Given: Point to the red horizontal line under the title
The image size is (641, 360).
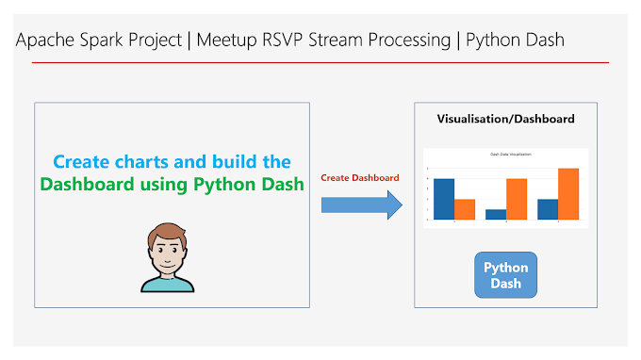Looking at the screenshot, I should click(320, 62).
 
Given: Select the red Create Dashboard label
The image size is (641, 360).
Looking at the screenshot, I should click(360, 177).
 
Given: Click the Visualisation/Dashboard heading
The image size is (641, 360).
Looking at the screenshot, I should click(506, 119).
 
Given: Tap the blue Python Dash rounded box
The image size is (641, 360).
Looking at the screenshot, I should click(506, 274).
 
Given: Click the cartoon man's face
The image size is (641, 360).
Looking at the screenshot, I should click(168, 251).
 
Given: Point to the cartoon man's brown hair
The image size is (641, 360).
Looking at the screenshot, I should click(168, 231).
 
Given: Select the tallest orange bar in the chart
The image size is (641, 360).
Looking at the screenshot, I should click(567, 193).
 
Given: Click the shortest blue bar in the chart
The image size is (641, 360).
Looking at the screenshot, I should click(496, 214).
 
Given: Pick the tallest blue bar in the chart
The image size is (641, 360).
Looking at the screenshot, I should click(443, 198).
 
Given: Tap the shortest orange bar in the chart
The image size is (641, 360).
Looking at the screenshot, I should click(465, 208).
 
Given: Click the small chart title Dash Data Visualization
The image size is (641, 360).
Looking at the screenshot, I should click(506, 153).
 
